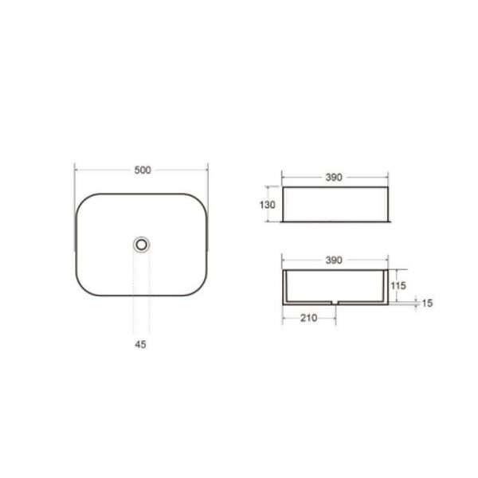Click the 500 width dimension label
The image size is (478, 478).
(x=143, y=170)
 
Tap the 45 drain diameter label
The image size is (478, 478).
(x=140, y=344)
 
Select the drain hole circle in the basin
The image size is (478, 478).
(x=141, y=245)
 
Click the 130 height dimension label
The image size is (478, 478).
(x=267, y=205)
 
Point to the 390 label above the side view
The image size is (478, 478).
(x=334, y=178)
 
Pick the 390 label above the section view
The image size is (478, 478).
(x=334, y=261)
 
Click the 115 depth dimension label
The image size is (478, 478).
(x=398, y=286)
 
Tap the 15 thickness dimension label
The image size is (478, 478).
(x=427, y=304)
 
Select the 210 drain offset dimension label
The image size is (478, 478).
(x=309, y=318)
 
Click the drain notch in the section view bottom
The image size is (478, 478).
(x=335, y=303)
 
